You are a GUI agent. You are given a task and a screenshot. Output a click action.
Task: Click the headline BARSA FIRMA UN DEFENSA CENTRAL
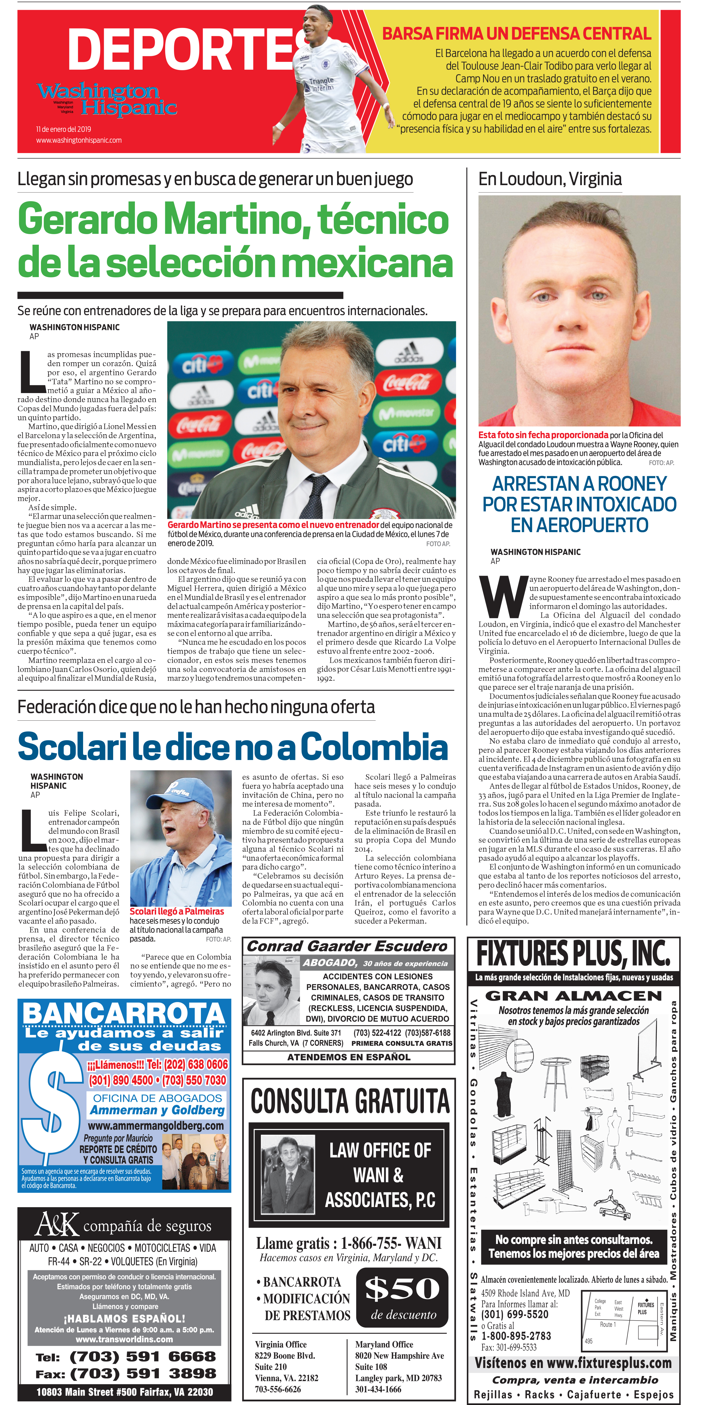[x=516, y=34]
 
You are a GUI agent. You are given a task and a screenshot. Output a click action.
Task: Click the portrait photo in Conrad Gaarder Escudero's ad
[x=271, y=994]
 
